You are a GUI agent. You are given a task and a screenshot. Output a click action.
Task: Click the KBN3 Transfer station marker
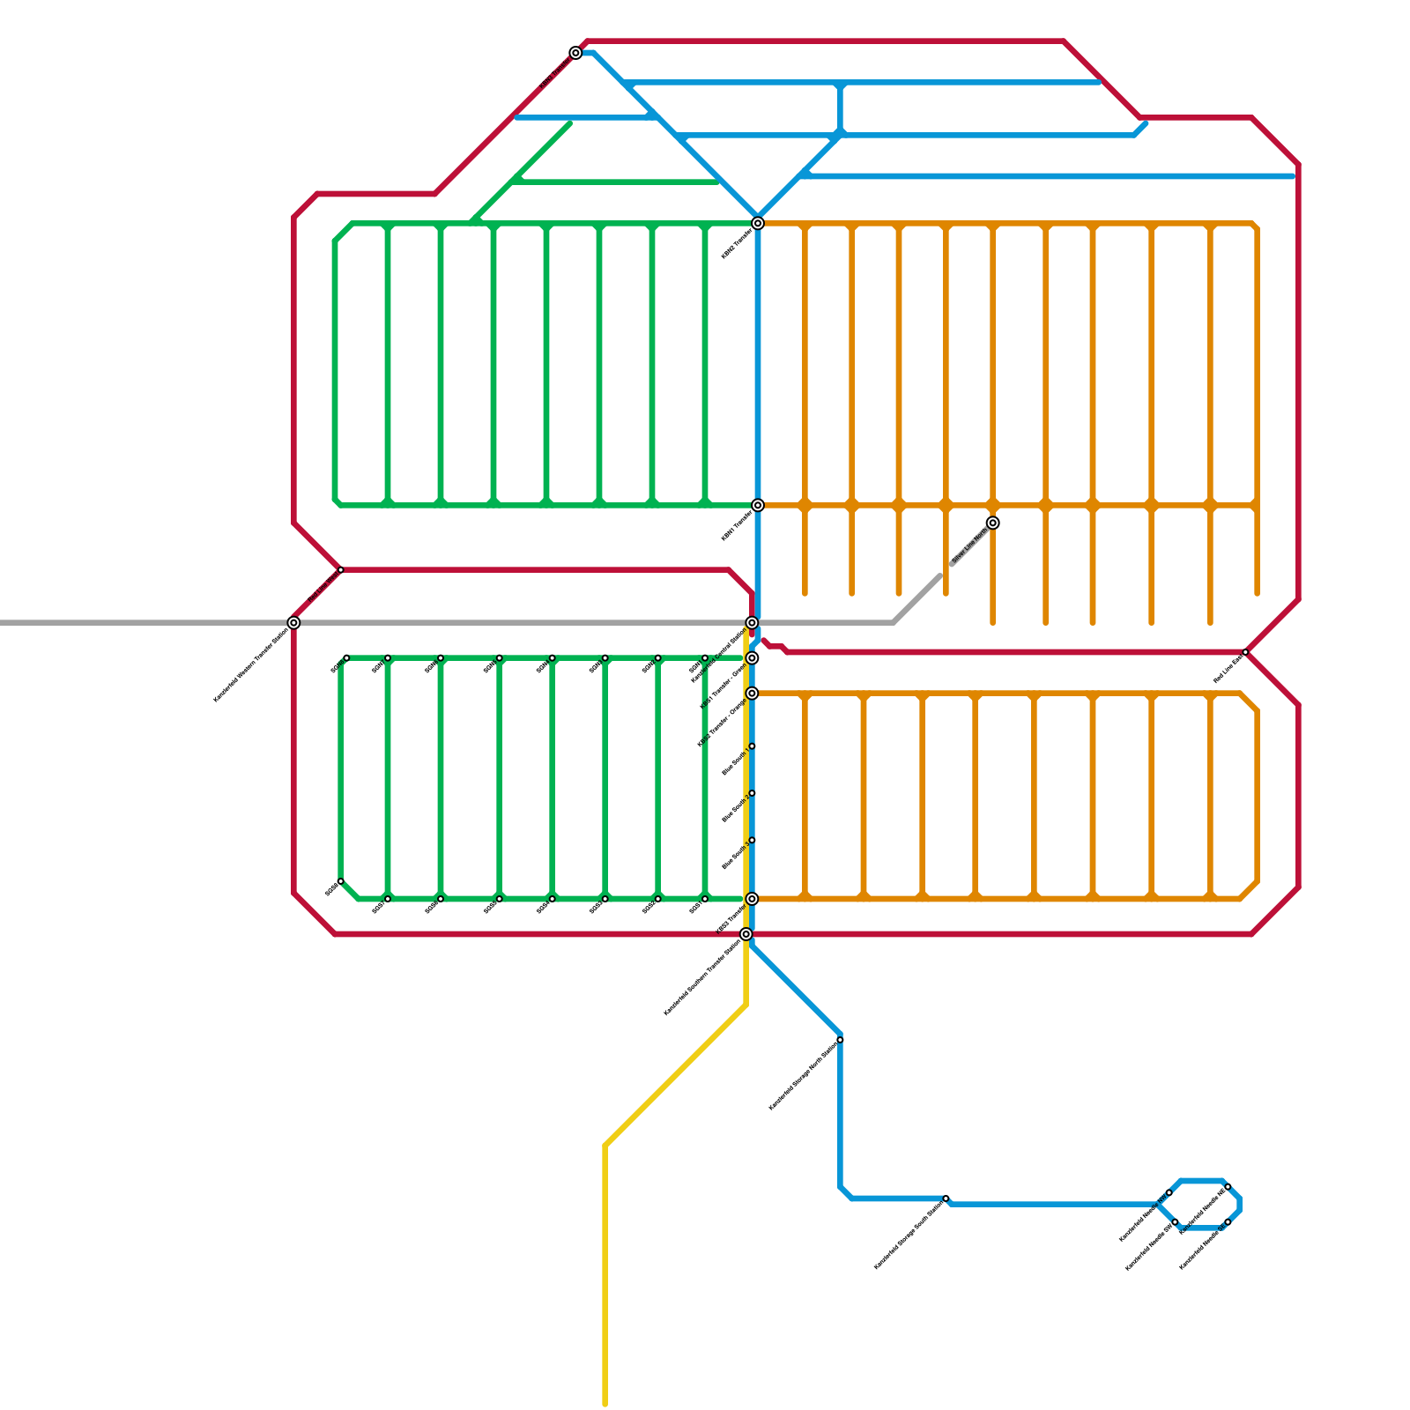[575, 53]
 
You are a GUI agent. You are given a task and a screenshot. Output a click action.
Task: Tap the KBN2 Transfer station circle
[758, 223]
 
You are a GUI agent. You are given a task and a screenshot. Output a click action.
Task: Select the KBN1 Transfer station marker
[758, 505]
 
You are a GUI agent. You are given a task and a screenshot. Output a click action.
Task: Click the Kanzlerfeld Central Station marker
[752, 623]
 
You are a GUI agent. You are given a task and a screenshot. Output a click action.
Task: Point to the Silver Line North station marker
[992, 523]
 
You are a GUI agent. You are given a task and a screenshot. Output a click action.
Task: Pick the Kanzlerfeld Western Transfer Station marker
[293, 623]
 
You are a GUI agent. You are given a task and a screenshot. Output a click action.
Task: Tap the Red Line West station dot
[341, 570]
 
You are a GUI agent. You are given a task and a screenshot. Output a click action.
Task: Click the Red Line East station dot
[1245, 652]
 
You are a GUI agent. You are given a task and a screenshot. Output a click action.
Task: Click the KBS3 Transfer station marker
[752, 899]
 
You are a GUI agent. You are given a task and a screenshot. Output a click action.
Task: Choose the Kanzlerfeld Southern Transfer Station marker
[746, 934]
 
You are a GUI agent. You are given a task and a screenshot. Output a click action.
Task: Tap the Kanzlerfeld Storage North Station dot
[840, 1040]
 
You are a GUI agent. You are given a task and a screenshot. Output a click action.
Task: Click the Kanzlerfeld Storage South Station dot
[946, 1198]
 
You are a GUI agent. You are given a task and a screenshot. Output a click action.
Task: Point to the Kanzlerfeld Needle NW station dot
[1169, 1192]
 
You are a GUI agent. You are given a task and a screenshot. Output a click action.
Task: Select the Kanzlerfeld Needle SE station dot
[1228, 1222]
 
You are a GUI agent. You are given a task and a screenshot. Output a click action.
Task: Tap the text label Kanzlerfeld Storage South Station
[909, 1236]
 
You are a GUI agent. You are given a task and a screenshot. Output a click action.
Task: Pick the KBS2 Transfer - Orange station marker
[752, 694]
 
